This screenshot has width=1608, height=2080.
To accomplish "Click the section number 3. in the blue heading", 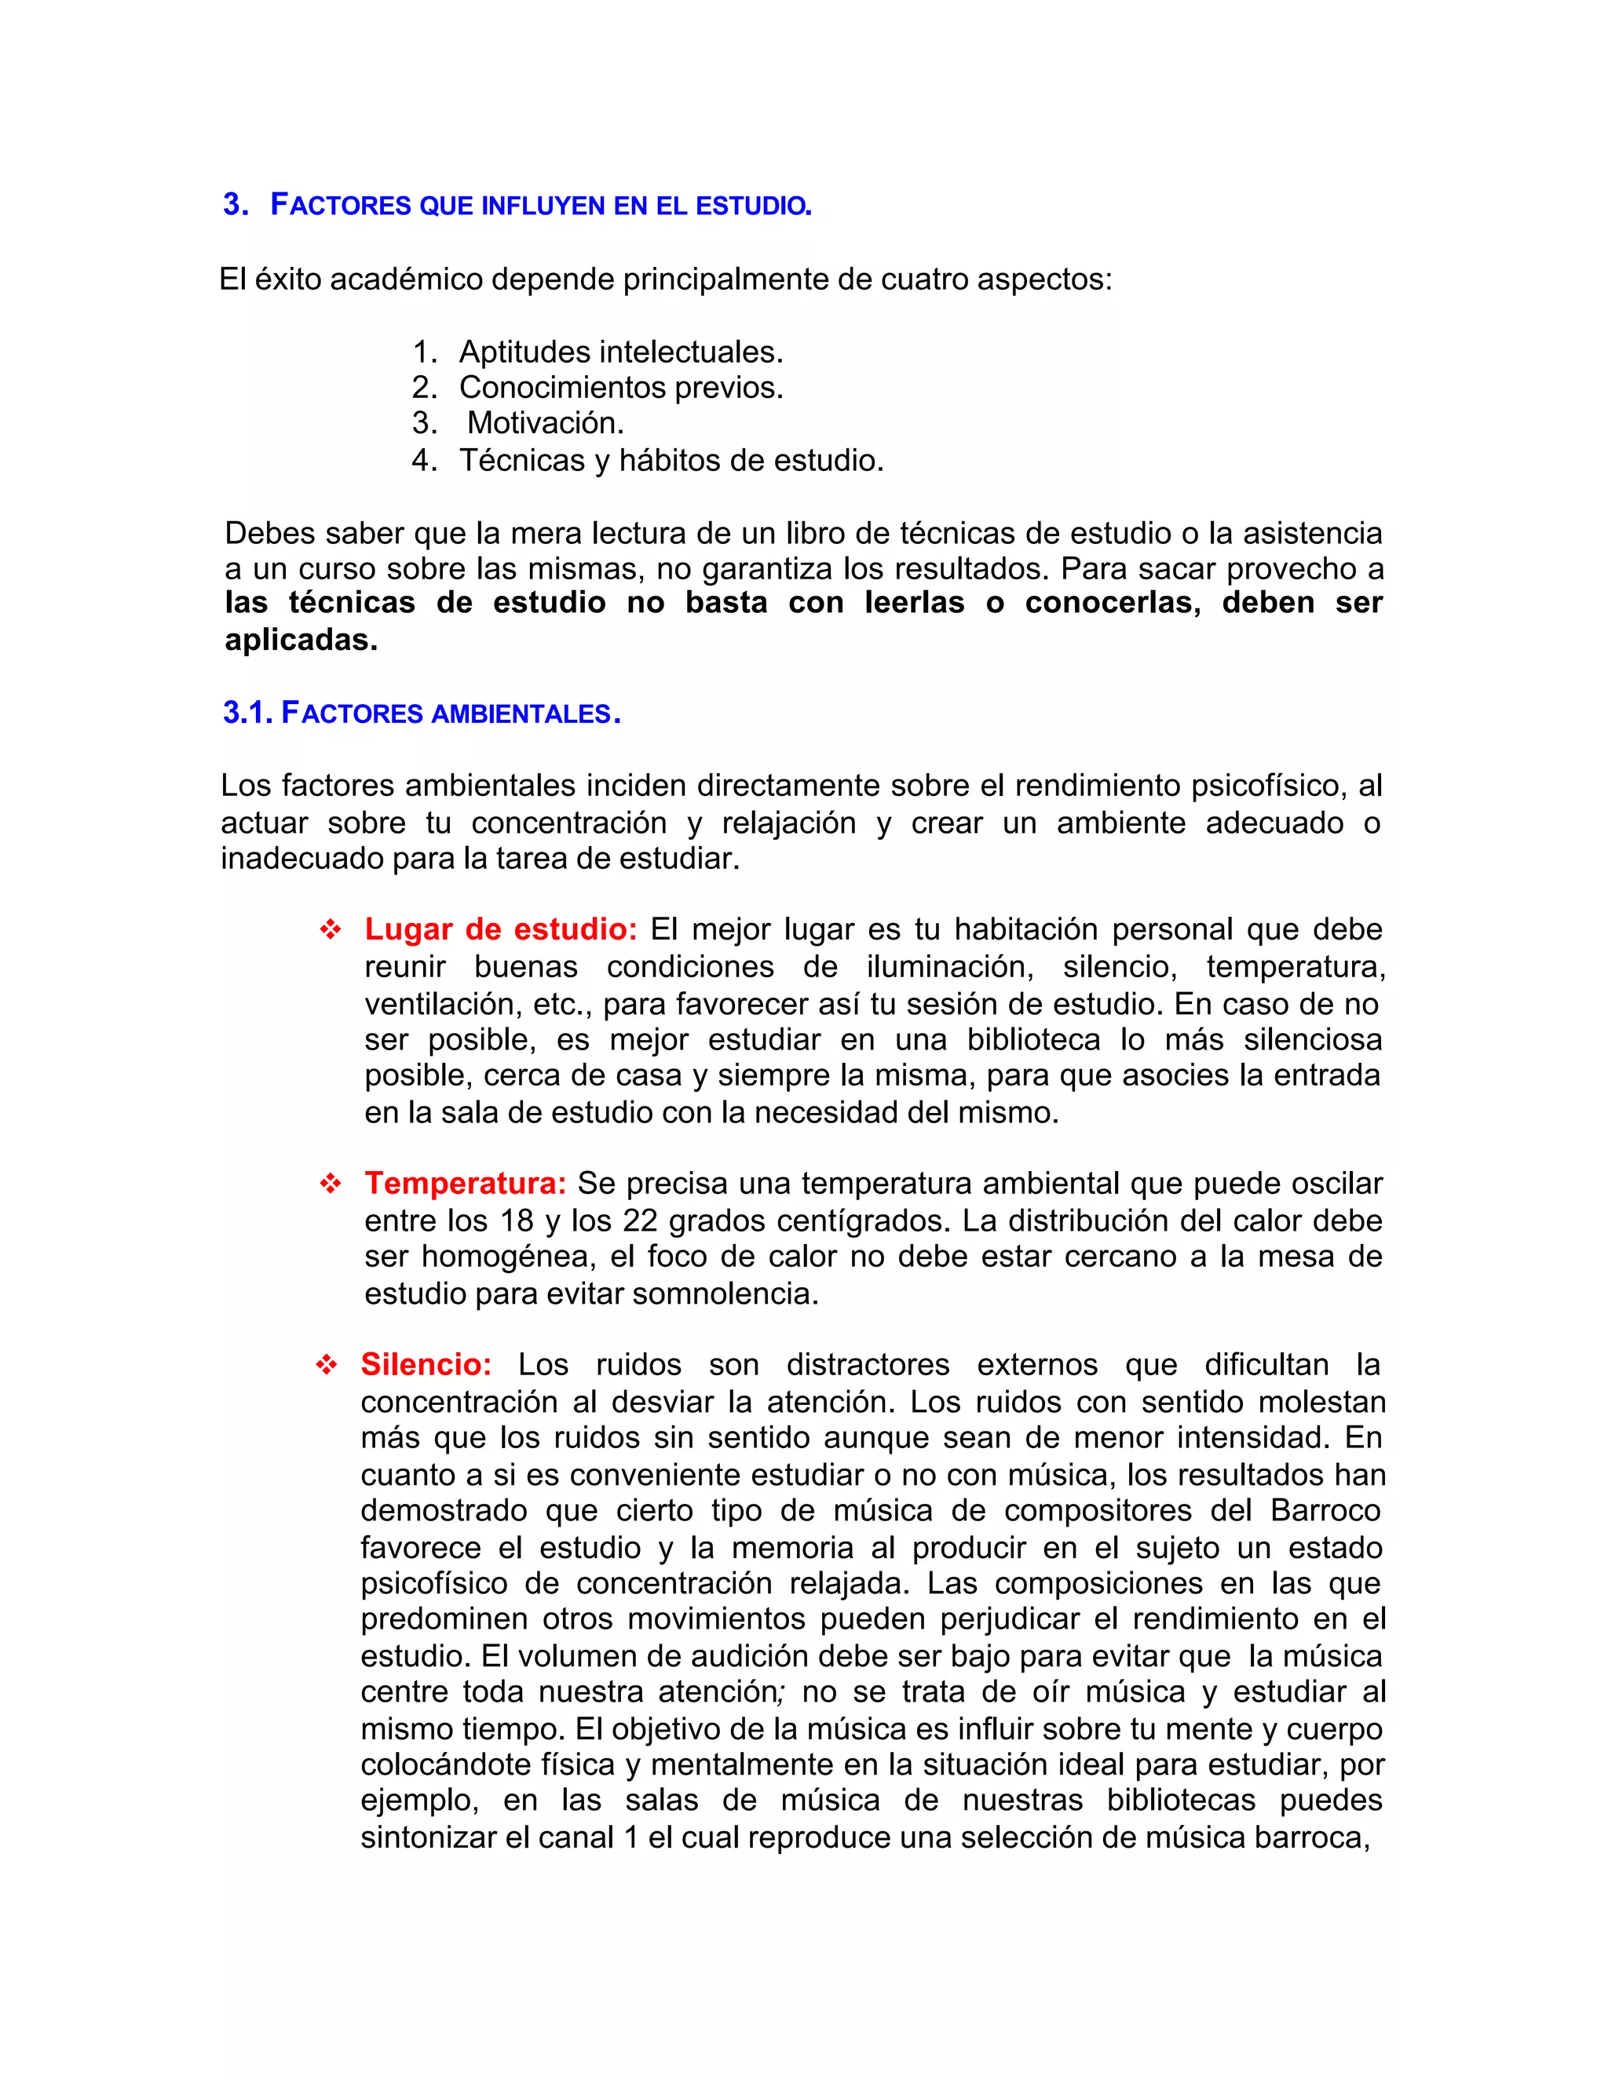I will (x=236, y=205).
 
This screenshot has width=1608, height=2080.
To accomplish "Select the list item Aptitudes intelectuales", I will (x=621, y=352).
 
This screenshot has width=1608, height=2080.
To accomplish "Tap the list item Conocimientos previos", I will (x=621, y=388).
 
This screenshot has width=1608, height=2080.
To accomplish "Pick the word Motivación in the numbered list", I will (x=545, y=423).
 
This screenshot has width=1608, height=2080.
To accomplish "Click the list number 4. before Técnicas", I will (x=425, y=461).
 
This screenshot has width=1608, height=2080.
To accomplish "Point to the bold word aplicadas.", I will (x=301, y=640).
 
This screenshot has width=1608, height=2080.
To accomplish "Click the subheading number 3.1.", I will (x=249, y=713).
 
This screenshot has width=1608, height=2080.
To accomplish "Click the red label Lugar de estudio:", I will (x=500, y=929).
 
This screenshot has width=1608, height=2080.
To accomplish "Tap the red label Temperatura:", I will (x=465, y=1184).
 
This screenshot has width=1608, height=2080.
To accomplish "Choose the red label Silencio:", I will (x=426, y=1365).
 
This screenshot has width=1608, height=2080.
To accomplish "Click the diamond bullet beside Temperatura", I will (x=331, y=1184).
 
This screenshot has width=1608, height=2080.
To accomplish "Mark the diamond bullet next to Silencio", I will (x=327, y=1366).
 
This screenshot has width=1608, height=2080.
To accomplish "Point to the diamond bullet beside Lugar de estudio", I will (x=331, y=930).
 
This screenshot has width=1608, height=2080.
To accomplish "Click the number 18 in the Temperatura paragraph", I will (x=517, y=1221).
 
